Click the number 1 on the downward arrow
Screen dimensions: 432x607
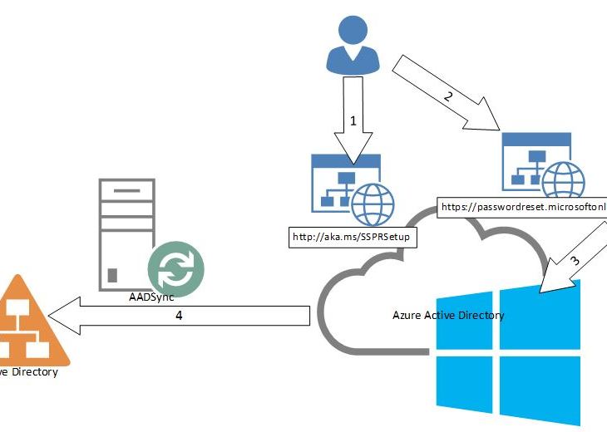[x=353, y=120]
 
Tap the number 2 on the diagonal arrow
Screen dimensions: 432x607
[x=449, y=96]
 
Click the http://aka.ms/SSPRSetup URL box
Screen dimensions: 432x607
[x=353, y=237]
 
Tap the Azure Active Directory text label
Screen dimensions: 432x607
[x=447, y=316]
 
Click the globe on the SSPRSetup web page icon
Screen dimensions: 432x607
[x=373, y=204]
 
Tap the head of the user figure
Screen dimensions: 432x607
[x=353, y=32]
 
